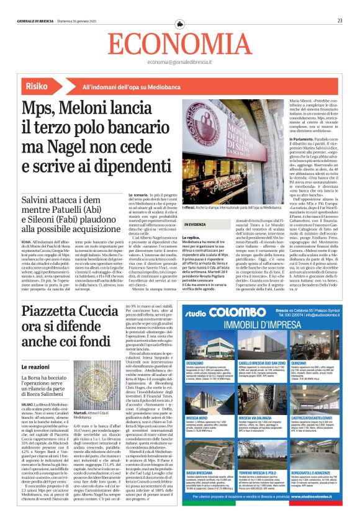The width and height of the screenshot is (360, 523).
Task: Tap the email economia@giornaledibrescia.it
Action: click(x=180, y=63)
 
